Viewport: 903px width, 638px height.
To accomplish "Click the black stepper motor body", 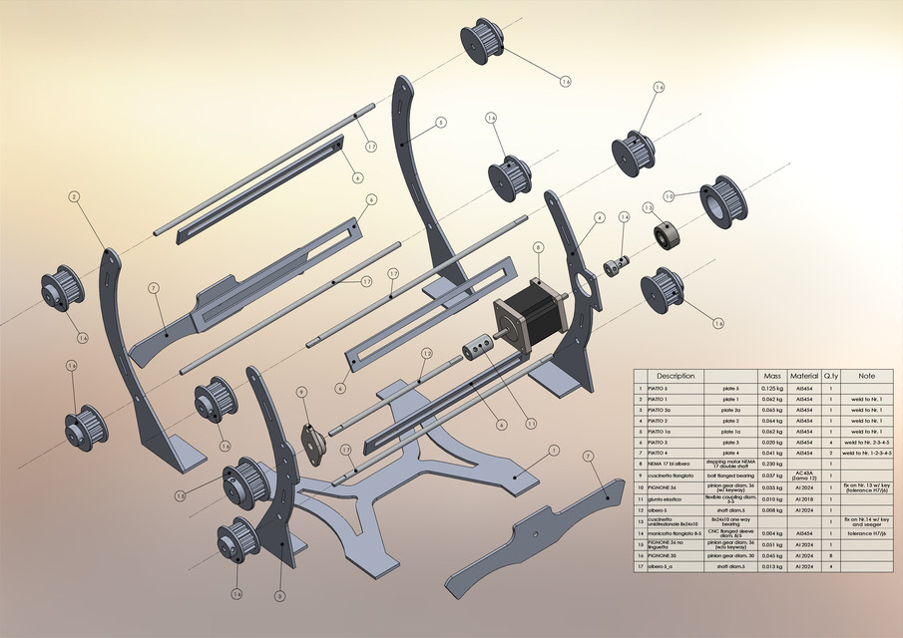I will click(528, 305).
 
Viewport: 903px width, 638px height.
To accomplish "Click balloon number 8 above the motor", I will click(539, 247).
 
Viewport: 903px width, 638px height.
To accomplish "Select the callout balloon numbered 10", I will click(670, 196).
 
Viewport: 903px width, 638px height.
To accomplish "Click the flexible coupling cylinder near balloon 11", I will click(474, 352).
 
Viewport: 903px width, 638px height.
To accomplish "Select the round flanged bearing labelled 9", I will click(311, 443).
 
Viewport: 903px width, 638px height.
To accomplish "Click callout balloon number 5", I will click(440, 124).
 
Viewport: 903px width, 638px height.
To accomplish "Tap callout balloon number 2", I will click(74, 197).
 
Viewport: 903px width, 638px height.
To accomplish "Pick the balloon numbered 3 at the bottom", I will click(279, 596).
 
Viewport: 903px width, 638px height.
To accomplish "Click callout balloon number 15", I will click(180, 495).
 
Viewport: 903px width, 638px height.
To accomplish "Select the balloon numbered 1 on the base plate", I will click(554, 450).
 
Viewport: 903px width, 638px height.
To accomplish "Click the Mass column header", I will click(772, 376).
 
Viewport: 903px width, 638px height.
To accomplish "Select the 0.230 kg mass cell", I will click(772, 464).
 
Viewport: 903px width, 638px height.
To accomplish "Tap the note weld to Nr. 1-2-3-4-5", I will click(866, 453).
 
